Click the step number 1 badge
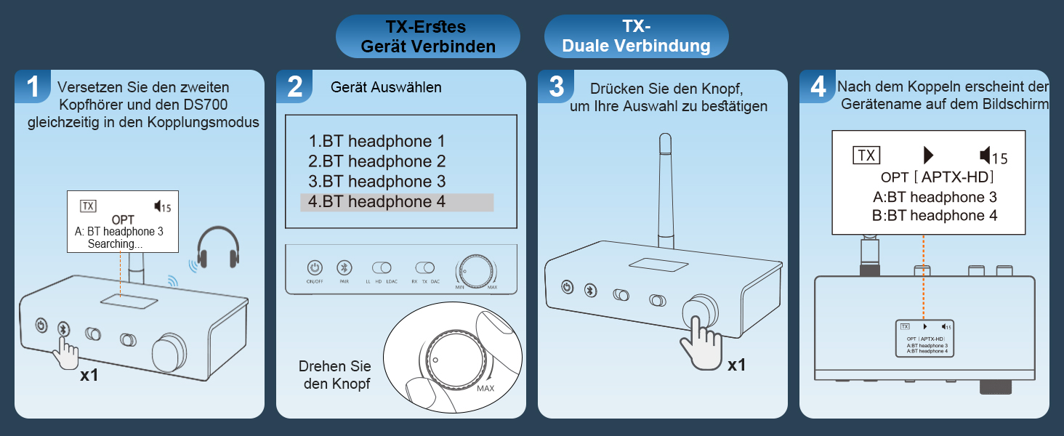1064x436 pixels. [33, 87]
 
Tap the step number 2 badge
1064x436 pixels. [294, 87]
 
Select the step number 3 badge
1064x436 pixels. [556, 87]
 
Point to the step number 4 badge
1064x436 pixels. [818, 87]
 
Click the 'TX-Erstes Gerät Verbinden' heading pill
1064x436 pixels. [428, 36]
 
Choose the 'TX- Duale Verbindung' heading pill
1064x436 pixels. [637, 36]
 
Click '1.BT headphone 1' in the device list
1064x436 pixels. [376, 142]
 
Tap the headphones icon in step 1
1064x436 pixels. [219, 247]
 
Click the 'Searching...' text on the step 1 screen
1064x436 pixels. [115, 244]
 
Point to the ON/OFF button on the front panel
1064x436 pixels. [314, 267]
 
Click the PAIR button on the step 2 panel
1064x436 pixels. [346, 267]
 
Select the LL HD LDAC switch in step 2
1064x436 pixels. [382, 268]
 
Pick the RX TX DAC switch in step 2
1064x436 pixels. [424, 268]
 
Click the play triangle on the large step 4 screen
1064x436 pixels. [928, 155]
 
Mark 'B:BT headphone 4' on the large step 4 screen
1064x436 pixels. [934, 215]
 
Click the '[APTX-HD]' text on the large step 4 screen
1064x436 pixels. [953, 177]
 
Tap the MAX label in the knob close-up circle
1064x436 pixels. [486, 389]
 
